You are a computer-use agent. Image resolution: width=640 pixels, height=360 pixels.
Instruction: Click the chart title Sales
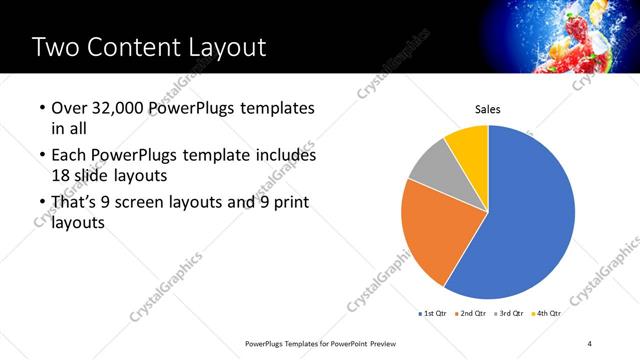tap(487, 110)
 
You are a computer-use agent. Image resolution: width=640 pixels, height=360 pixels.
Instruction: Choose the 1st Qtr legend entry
tap(433, 314)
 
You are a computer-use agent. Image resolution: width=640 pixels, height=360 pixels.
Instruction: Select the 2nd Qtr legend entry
tap(473, 314)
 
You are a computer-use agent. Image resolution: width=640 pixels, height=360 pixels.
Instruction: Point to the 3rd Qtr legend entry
tap(510, 314)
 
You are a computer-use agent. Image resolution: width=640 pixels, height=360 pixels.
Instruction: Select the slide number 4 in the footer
tap(590, 343)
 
